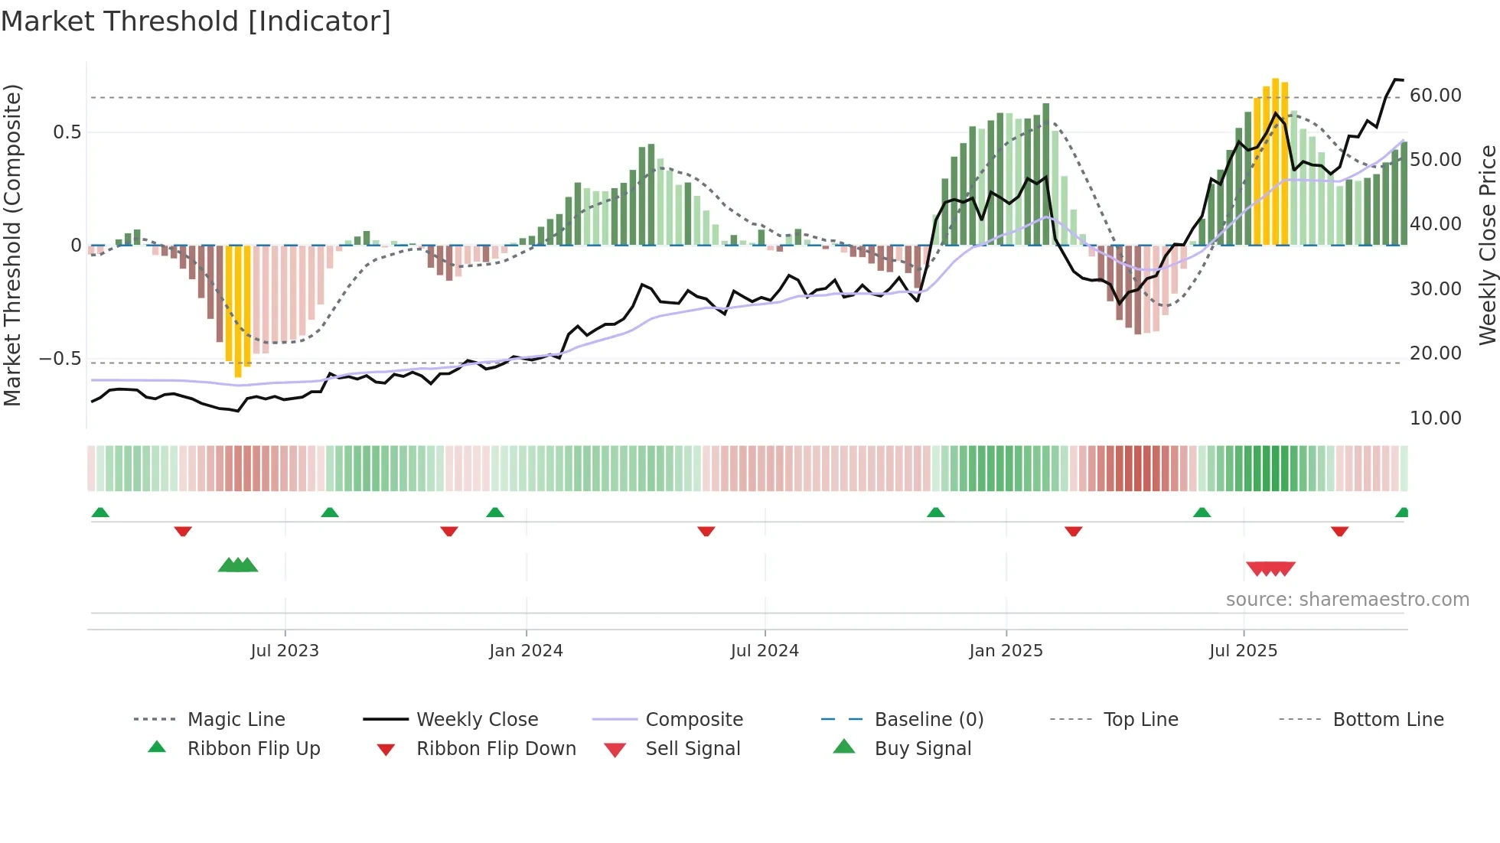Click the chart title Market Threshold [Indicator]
click(196, 21)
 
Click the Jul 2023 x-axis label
click(285, 651)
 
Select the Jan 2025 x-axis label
click(1006, 651)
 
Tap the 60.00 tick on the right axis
click(1435, 96)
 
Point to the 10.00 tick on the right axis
click(1435, 418)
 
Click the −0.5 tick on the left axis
click(61, 359)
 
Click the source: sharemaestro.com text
click(1347, 600)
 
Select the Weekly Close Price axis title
click(1487, 245)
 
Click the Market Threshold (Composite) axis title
click(12, 245)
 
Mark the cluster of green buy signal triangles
click(238, 565)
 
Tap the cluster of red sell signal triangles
click(1270, 568)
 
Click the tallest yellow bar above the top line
click(1275, 161)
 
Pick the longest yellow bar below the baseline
click(238, 310)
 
